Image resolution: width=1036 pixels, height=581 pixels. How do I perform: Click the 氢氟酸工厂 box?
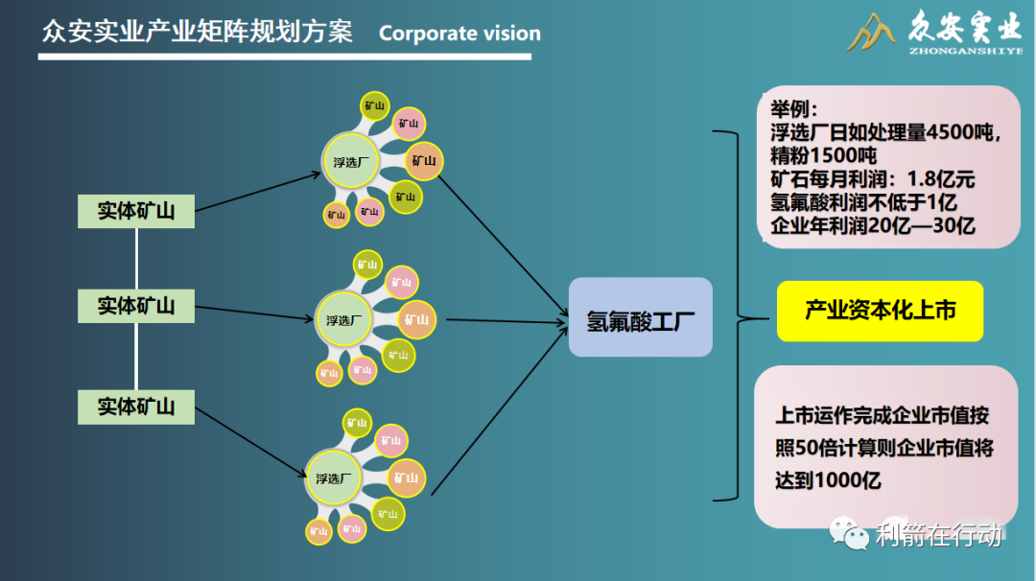(x=640, y=317)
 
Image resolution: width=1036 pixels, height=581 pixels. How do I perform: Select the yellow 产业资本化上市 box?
(x=880, y=311)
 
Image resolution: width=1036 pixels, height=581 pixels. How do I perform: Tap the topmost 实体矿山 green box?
(x=136, y=210)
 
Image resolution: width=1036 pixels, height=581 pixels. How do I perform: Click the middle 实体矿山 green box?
(x=136, y=306)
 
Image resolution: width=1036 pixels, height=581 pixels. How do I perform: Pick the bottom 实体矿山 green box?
(x=136, y=407)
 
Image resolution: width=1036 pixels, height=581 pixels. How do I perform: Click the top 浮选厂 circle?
(x=350, y=161)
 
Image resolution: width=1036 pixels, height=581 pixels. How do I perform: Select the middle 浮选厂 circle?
(x=342, y=319)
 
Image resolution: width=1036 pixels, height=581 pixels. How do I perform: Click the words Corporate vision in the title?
(x=459, y=34)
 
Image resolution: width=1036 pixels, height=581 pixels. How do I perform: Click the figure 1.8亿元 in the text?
(x=940, y=179)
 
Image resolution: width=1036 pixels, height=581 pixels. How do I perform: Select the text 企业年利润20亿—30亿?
(x=872, y=226)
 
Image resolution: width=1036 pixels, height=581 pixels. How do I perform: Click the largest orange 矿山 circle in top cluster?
(x=423, y=161)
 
